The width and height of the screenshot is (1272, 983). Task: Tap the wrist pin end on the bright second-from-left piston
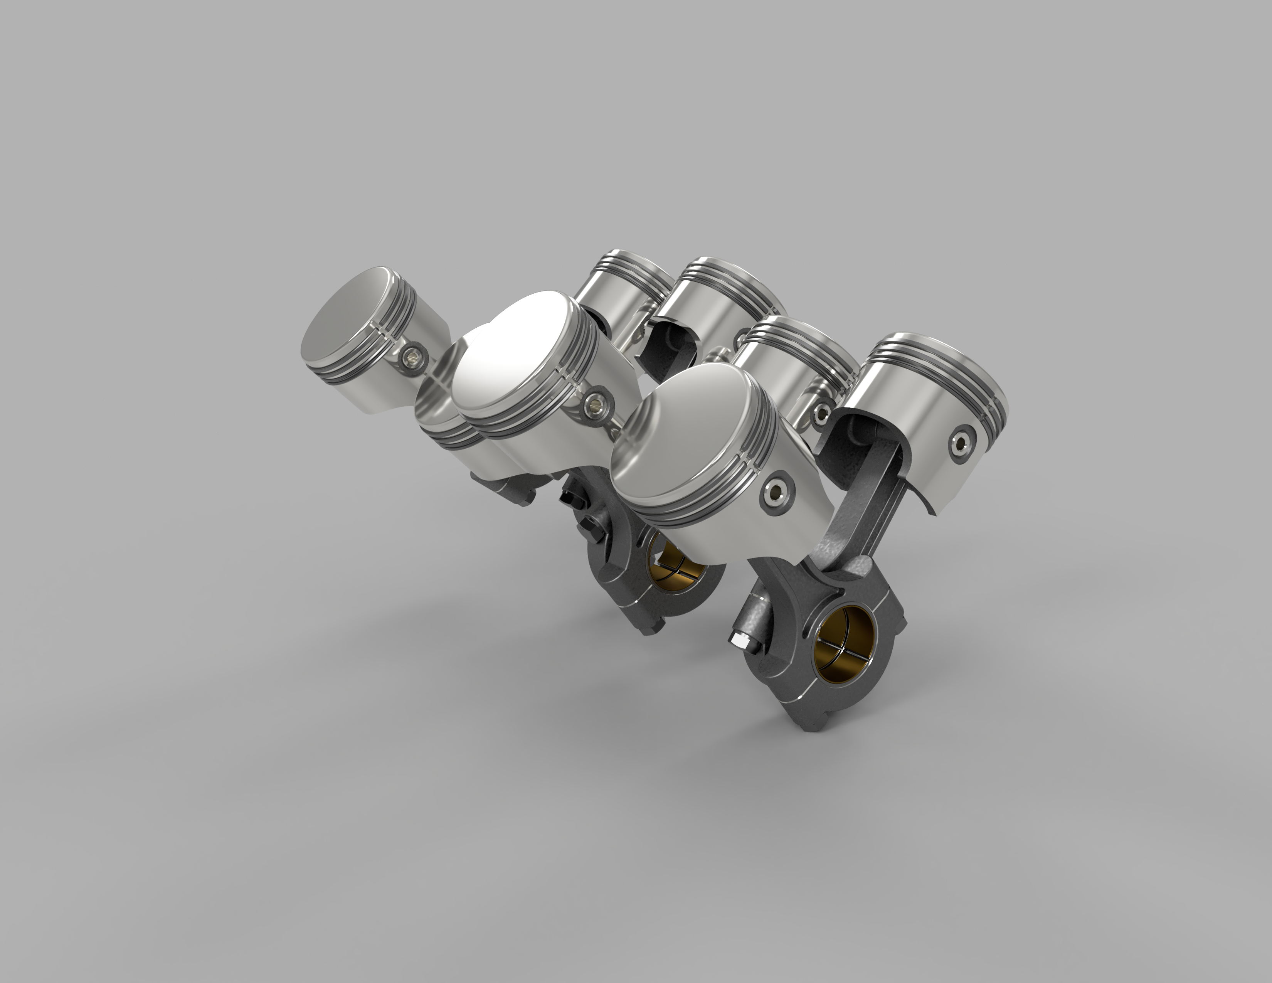596,400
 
